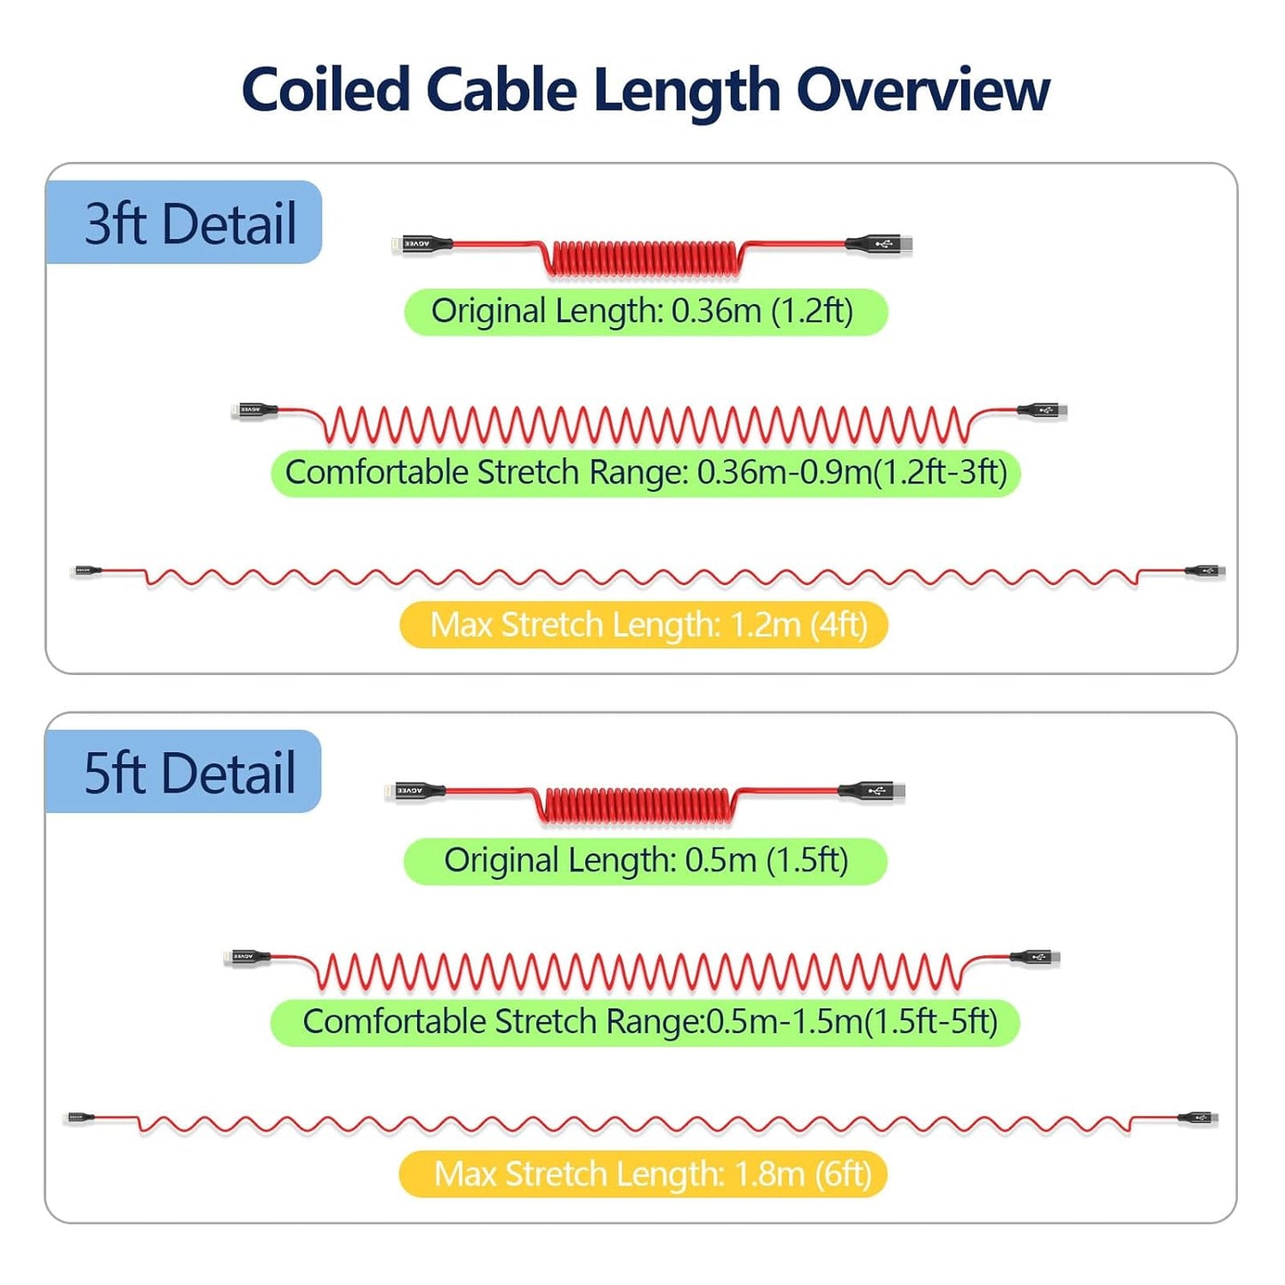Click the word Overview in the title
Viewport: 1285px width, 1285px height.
(x=922, y=91)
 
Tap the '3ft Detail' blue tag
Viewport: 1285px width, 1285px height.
(x=185, y=222)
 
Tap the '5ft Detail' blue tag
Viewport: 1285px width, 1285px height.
(x=185, y=772)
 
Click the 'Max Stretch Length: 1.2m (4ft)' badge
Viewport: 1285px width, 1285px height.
(x=644, y=624)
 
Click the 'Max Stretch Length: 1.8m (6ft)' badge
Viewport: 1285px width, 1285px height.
(x=644, y=1174)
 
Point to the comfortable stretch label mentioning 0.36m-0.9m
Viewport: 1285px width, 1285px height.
(x=646, y=472)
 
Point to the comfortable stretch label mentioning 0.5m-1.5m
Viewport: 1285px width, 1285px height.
(x=646, y=1022)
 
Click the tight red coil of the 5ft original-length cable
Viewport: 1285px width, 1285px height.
(x=635, y=805)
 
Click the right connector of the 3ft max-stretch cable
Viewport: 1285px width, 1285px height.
(x=1205, y=571)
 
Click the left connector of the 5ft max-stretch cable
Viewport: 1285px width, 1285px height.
(x=81, y=1117)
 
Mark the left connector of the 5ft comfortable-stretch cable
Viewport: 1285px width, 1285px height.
(x=248, y=958)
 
